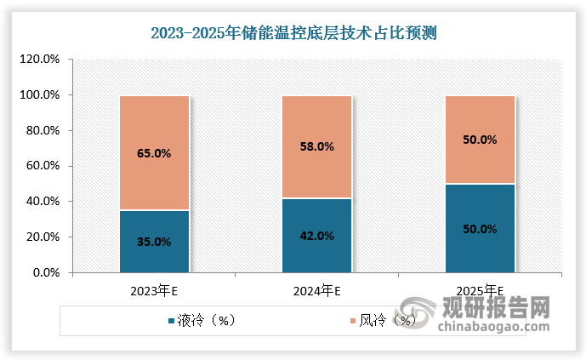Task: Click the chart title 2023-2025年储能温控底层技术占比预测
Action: [293, 34]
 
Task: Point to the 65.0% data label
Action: [154, 154]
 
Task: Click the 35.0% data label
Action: [154, 242]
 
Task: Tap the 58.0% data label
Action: [317, 147]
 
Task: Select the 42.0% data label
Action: [317, 236]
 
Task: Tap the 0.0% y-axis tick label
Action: [46, 273]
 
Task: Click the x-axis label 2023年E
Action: [154, 290]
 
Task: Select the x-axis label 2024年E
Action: [317, 290]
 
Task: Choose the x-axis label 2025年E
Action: [481, 290]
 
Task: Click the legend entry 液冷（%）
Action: [205, 321]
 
